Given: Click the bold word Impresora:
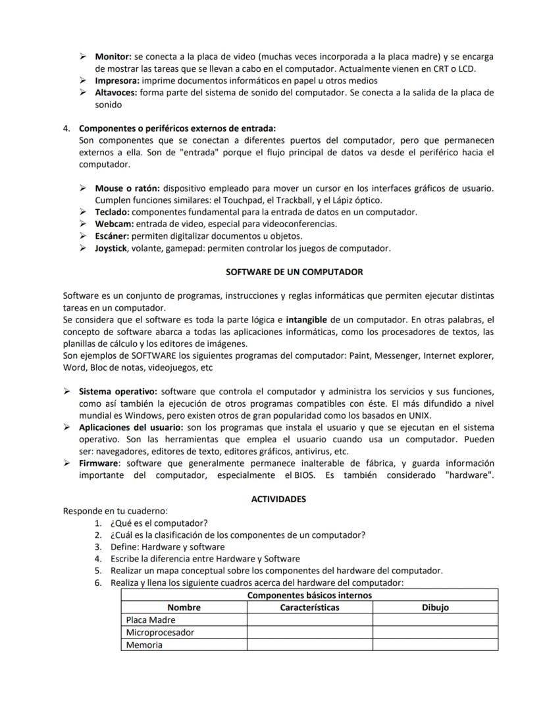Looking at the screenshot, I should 117,80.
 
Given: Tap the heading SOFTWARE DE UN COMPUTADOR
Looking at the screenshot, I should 294,271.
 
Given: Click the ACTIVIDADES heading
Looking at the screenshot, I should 278,499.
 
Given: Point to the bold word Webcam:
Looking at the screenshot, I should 115,224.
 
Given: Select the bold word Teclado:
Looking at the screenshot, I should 112,212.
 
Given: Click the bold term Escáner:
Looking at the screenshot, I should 112,236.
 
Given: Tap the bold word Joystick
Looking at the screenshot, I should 111,248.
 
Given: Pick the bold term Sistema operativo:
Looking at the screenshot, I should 118,391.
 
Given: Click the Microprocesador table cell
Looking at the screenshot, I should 160,632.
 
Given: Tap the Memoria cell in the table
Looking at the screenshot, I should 144,644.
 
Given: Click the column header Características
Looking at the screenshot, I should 309,607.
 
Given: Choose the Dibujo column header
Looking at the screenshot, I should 435,607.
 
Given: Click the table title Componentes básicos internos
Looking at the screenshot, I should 309,595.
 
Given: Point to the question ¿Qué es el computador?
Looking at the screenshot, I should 159,523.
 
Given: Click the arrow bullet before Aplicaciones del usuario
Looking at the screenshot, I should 67,427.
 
